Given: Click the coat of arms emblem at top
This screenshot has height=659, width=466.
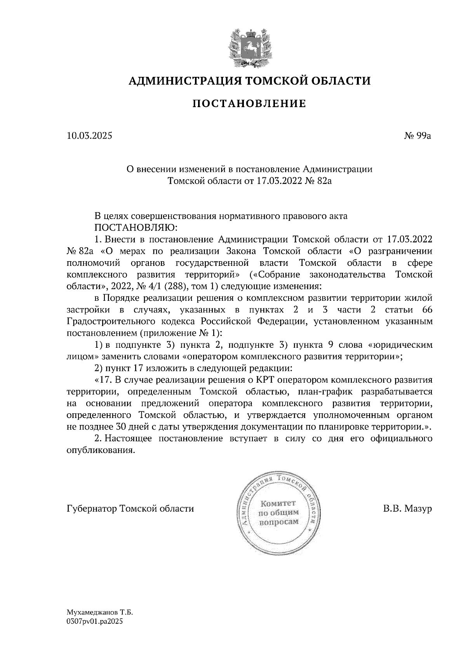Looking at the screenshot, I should coord(249,47).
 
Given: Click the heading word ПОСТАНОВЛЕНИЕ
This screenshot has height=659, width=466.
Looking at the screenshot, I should coord(249,104).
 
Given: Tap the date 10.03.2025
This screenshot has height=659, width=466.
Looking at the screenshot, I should coord(89,136).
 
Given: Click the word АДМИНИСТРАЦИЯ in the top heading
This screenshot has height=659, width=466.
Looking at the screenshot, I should coord(181,81).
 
